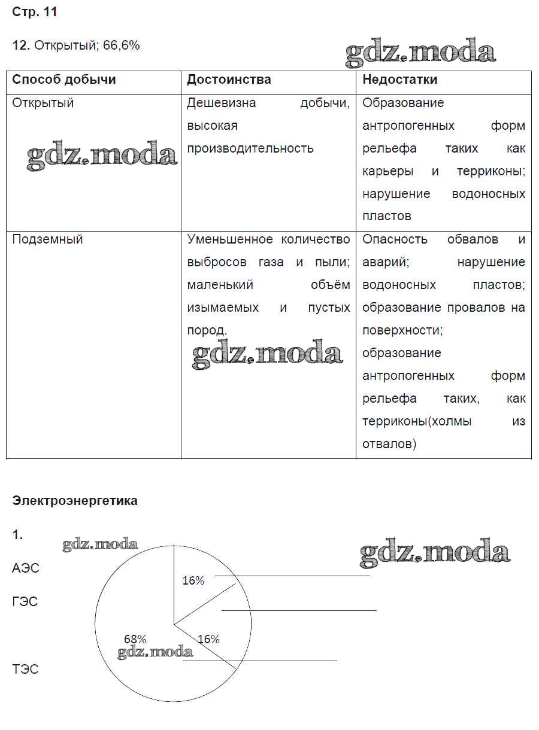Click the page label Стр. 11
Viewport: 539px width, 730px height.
pos(35,13)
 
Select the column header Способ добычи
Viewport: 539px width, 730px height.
pos(64,80)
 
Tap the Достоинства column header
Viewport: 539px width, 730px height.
pos(229,80)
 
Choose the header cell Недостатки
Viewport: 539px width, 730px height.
pos(400,80)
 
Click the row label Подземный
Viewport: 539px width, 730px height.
pos(47,239)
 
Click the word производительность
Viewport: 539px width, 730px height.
pos(250,148)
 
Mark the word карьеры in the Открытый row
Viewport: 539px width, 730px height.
pos(388,171)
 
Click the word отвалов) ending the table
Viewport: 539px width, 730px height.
pos(389,444)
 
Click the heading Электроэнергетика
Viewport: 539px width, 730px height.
pos(75,501)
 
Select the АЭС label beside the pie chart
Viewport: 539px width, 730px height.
pos(26,568)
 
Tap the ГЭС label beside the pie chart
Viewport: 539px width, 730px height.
pos(25,602)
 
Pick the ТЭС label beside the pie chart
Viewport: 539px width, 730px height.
pos(25,669)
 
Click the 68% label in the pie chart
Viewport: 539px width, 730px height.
pos(135,639)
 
